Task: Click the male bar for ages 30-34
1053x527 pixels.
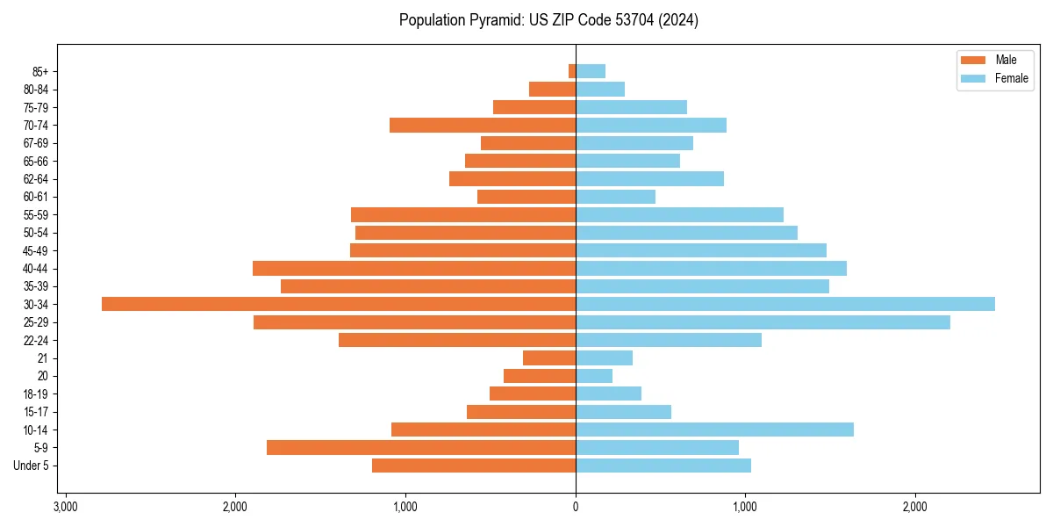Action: [x=339, y=304]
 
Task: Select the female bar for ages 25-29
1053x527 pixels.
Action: [x=763, y=322]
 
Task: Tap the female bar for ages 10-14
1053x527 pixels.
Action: [x=714, y=430]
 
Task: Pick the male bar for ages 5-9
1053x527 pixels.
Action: [x=421, y=447]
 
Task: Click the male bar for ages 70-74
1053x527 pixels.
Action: [x=483, y=125]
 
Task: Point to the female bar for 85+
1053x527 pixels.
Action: [x=591, y=71]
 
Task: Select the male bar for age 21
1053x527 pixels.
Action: [x=549, y=357]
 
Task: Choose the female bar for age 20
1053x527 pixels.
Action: [x=594, y=376]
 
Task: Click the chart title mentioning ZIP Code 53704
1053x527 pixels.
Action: [x=548, y=20]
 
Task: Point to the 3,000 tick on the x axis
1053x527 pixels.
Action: [x=65, y=507]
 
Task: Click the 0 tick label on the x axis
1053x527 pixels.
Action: [x=576, y=507]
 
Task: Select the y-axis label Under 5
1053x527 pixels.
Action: [x=31, y=466]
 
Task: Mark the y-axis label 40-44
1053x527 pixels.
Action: [x=36, y=268]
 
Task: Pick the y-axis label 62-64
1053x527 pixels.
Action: [x=36, y=179]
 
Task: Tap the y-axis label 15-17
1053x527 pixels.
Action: [x=36, y=412]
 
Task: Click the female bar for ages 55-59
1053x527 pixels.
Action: [x=679, y=214]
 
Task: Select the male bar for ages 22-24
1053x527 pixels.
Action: [x=457, y=340]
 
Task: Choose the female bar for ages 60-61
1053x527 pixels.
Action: [x=615, y=197]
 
